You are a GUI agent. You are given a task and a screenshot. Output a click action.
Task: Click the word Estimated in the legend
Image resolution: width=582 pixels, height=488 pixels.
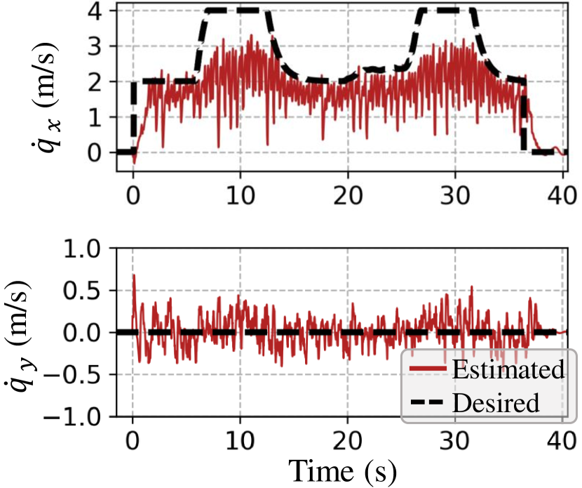pyautogui.click(x=508, y=369)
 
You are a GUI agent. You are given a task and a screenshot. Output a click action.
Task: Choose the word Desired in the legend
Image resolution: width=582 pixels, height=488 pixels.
pyautogui.click(x=496, y=403)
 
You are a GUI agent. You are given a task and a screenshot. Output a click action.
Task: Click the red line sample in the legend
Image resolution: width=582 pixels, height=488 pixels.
pyautogui.click(x=428, y=370)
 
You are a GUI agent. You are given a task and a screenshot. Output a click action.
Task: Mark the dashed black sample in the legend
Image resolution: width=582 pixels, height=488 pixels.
pyautogui.click(x=428, y=403)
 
